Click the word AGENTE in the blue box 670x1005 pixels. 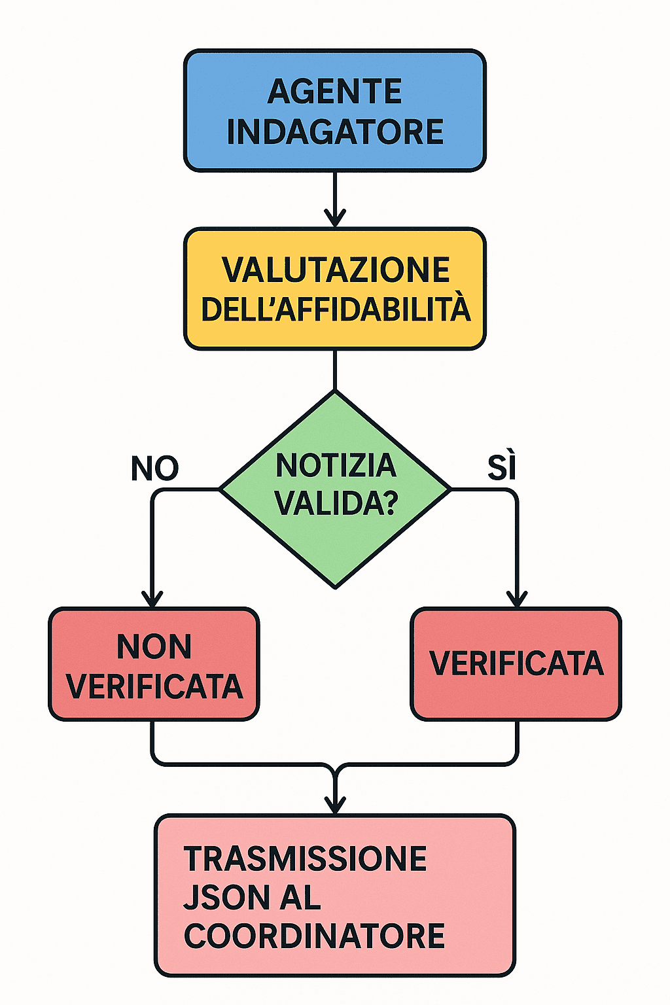(334, 92)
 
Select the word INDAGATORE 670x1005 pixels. (335, 132)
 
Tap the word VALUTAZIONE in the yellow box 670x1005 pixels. (336, 270)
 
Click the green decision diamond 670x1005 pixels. (335, 489)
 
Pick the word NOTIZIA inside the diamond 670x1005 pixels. (336, 465)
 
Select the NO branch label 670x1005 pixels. (155, 468)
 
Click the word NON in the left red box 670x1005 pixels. (154, 646)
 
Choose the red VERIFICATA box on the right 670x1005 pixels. (516, 664)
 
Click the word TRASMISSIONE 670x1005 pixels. (305, 858)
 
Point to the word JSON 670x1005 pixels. (226, 897)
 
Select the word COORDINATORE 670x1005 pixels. (314, 936)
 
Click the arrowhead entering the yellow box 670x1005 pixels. (335, 218)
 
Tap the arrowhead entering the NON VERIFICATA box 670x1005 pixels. (152, 599)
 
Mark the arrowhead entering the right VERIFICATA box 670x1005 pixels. (517, 599)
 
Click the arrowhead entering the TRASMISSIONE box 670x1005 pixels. (335, 805)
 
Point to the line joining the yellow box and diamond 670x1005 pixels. (335, 370)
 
